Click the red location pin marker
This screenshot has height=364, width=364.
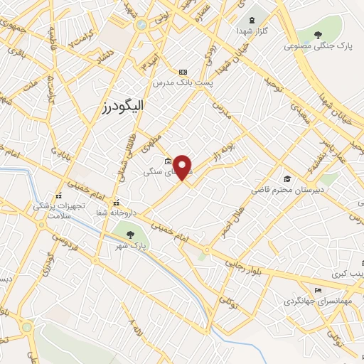[x=183, y=166]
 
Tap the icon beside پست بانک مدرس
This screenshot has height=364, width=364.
[x=183, y=72]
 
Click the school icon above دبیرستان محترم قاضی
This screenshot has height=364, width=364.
[x=287, y=178]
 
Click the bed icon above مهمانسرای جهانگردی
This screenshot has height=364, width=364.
[x=318, y=290]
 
